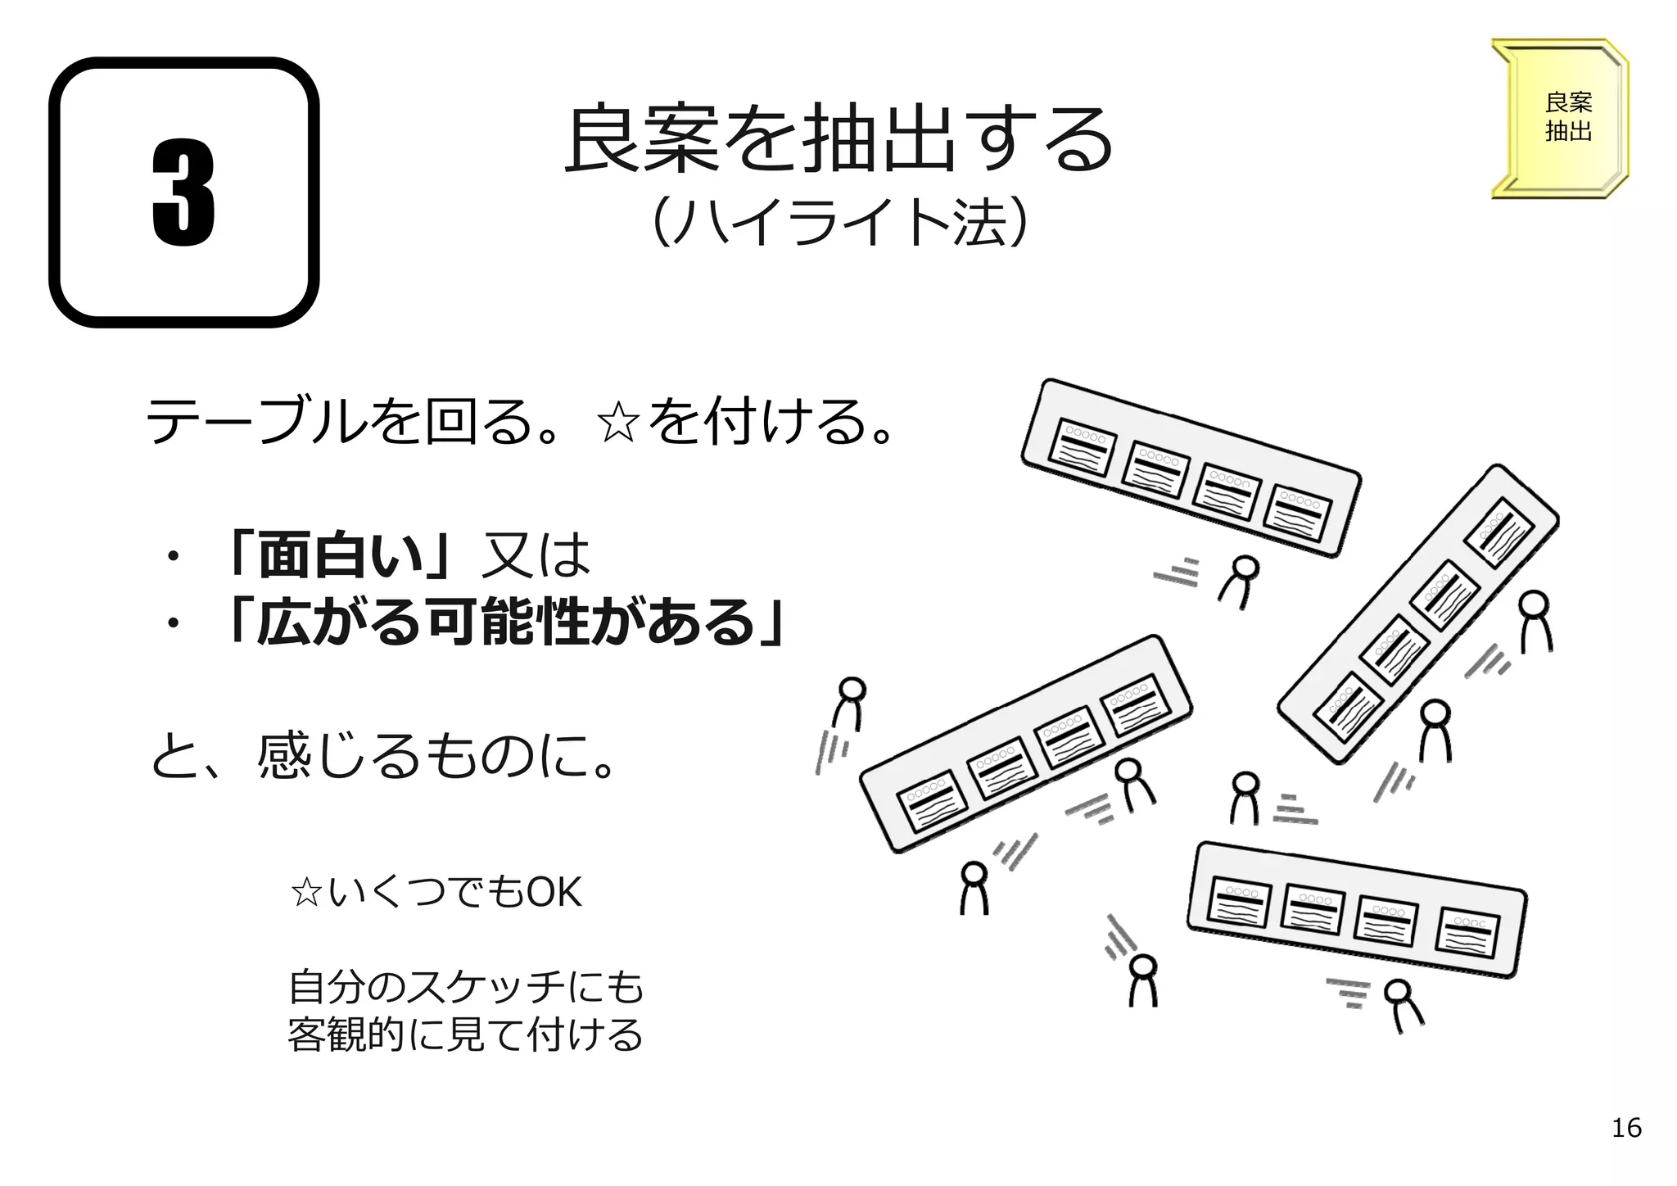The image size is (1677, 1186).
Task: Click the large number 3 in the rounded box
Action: (183, 193)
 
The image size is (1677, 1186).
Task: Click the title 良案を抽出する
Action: (838, 139)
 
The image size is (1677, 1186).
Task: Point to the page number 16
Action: (1625, 1128)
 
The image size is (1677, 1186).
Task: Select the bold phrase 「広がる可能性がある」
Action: (505, 622)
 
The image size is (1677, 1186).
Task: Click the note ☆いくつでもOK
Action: (436, 892)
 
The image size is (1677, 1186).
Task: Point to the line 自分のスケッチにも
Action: (466, 987)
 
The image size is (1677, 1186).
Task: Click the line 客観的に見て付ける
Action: (466, 1034)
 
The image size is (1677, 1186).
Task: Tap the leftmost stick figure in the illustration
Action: (849, 704)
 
